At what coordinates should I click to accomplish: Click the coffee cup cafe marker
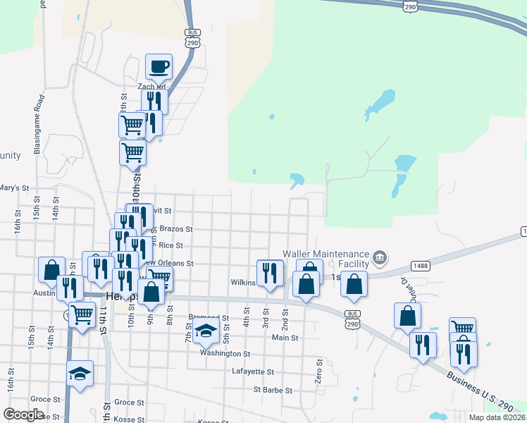point(159,67)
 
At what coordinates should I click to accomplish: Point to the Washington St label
point(225,353)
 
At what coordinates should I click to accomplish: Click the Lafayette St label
point(252,371)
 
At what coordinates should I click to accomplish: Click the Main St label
point(285,338)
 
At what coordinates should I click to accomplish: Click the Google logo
point(23,415)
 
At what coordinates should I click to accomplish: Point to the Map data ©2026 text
point(497,417)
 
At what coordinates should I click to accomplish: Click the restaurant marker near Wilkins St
point(270,273)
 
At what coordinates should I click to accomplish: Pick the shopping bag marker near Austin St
point(51,270)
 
